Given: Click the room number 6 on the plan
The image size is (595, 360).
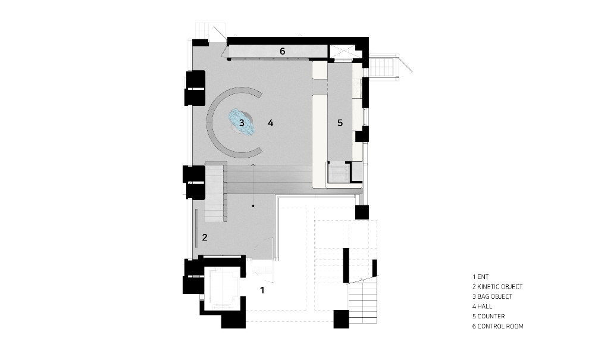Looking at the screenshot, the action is pos(282,51).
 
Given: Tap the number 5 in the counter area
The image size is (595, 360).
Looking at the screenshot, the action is pos(340,123).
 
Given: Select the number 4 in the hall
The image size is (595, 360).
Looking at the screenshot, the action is pos(270,123).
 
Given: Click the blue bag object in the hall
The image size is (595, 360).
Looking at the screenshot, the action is pos(242,122).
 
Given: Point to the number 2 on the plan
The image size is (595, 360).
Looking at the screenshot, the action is pos(205,237).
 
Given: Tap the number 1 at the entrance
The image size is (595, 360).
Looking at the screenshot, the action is pos(262,290).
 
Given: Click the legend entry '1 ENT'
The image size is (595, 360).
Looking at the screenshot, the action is pos(480,277).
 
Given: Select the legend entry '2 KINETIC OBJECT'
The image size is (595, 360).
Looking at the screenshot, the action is pos(497,287).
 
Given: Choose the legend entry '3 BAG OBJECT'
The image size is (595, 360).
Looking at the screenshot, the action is pos(492,297).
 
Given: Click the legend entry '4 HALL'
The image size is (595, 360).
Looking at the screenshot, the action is pos(482,306).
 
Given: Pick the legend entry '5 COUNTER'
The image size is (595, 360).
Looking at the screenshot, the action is pos(488,317).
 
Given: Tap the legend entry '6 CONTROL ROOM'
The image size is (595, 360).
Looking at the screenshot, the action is pos(498,326).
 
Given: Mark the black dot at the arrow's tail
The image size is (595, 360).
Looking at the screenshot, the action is pos(253,206).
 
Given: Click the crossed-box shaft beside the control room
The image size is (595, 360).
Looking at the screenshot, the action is pos(342,52).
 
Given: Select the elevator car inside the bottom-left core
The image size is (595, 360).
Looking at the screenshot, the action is pos(222,288).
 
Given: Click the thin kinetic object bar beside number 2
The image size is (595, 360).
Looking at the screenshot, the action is pos(196,228).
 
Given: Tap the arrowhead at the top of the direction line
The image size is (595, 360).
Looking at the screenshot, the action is pos(253,165).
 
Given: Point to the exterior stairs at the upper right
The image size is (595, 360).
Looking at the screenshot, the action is pos(384,67).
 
